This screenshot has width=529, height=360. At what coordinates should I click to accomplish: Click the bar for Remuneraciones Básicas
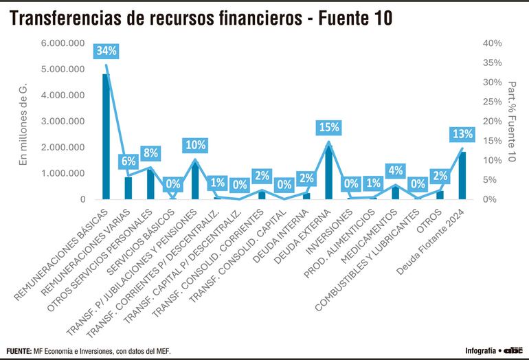coord(106,137)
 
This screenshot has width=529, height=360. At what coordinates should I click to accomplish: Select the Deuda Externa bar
coord(328,172)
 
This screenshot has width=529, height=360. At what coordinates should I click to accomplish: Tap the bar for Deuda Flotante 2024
coord(462,176)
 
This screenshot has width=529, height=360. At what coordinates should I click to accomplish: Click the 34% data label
coord(106,50)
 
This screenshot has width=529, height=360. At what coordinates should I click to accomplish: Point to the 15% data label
coord(328,127)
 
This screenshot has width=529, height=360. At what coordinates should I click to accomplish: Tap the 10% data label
coord(195,145)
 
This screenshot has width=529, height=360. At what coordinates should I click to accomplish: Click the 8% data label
coord(150,153)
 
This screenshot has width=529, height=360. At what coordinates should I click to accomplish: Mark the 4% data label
coord(396,170)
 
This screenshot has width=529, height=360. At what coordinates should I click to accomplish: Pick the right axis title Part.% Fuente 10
coord(512,122)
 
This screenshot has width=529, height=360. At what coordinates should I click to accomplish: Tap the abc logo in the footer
coord(513,350)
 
